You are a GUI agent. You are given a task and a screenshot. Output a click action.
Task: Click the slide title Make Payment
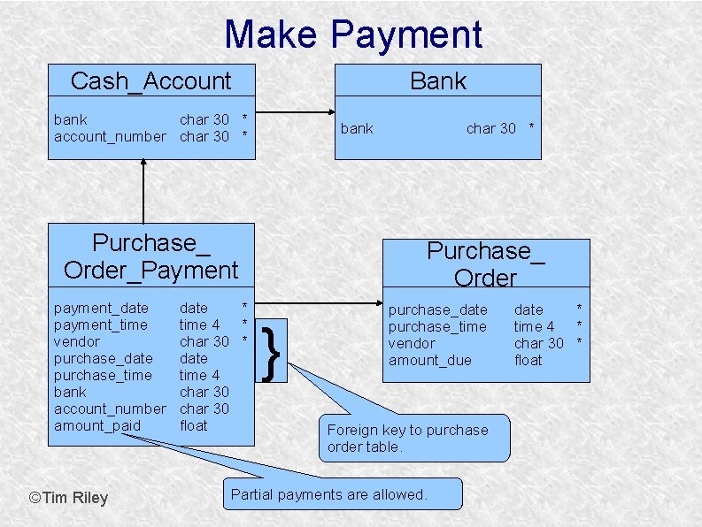353,34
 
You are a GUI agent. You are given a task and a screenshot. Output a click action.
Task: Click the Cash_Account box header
150,81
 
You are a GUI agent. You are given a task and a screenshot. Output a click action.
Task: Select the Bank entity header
437,80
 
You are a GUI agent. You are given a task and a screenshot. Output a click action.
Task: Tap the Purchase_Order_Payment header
150,256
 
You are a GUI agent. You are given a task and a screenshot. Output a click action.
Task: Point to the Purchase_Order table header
485,263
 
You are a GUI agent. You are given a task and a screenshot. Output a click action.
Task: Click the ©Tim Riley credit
68,498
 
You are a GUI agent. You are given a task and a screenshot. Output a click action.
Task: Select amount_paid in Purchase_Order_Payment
97,425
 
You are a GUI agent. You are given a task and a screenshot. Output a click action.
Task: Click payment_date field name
101,308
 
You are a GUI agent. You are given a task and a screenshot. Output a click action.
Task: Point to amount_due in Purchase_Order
430,360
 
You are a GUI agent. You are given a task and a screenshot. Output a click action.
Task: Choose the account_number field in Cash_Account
110,136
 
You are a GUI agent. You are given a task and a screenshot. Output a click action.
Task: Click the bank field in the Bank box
357,128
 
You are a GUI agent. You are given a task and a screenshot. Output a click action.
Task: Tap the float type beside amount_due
528,360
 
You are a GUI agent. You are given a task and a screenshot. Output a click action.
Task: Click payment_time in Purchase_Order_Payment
101,325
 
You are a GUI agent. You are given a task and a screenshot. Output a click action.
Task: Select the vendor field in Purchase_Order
412,343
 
